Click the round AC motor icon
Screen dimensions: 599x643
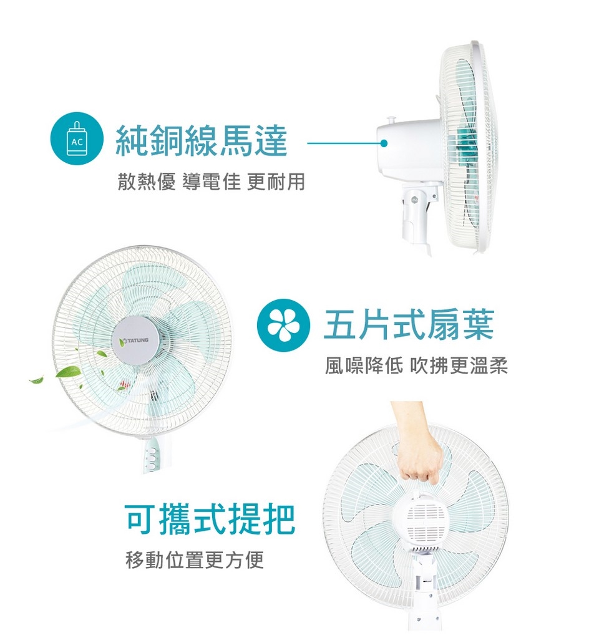[77, 138]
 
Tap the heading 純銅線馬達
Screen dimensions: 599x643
[201, 141]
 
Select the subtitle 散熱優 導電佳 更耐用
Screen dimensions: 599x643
[211, 181]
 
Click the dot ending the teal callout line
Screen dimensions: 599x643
[384, 143]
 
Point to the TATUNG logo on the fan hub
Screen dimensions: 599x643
[134, 341]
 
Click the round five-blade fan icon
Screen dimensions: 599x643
[283, 325]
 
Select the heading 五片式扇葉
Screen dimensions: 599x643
[408, 324]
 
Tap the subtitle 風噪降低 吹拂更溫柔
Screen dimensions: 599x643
[416, 365]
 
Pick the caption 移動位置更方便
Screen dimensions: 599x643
[195, 560]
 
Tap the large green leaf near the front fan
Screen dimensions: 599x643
[68, 372]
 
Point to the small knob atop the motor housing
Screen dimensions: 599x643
[390, 120]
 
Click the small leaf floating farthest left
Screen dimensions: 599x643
[36, 380]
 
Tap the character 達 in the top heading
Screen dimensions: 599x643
[270, 141]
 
